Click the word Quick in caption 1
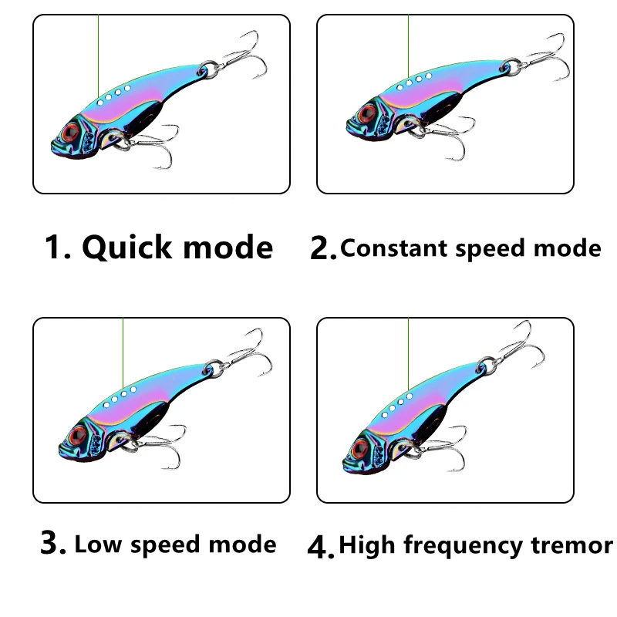[x=126, y=248]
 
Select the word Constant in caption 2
[x=394, y=248]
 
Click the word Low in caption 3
[x=98, y=545]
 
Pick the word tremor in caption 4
[x=571, y=546]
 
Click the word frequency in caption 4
[x=463, y=547]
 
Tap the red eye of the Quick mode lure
[x=71, y=132]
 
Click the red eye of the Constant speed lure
[x=367, y=113]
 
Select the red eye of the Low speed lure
[x=78, y=434]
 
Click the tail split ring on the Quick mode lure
[x=208, y=69]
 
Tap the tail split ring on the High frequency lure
[x=487, y=366]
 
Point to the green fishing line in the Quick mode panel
[x=99, y=56]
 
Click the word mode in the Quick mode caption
[x=228, y=248]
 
